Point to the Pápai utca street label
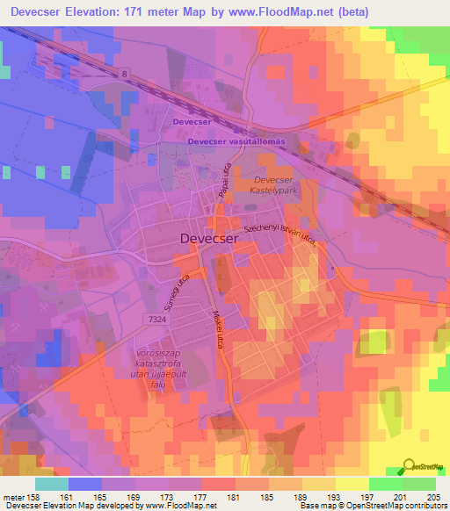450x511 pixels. (x=223, y=181)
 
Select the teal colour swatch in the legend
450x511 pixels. (x=52, y=483)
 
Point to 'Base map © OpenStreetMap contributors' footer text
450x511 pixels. (x=370, y=507)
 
